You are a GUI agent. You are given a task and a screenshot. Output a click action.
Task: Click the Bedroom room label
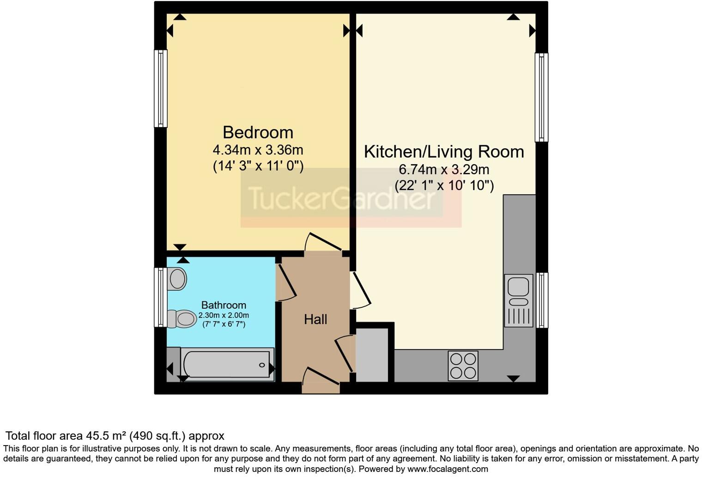[x=258, y=133]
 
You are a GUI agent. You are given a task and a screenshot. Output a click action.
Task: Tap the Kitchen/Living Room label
[x=444, y=152]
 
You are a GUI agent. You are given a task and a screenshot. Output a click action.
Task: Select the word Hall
[x=315, y=319]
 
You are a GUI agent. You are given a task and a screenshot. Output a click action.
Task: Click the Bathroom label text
[x=224, y=305]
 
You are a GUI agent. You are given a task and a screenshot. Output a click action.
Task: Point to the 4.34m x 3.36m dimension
[x=258, y=150]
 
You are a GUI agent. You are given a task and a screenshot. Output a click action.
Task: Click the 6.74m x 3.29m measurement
[x=444, y=170]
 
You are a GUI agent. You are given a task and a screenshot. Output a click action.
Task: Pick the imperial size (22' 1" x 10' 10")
[x=444, y=186]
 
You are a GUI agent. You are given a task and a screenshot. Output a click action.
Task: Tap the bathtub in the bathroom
[x=227, y=365]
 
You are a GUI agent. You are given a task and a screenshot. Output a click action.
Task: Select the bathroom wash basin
[x=177, y=279]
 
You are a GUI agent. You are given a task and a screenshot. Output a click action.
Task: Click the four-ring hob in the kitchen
[x=463, y=366]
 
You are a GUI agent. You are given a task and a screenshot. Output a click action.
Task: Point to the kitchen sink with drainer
[x=518, y=300]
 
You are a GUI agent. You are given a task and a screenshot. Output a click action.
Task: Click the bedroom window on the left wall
[x=160, y=88]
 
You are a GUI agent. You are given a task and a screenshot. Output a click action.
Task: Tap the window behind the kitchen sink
[x=542, y=300]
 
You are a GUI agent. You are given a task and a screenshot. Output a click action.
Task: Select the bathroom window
[x=160, y=297]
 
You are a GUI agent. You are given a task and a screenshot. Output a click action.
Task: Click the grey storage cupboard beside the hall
[x=372, y=355]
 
